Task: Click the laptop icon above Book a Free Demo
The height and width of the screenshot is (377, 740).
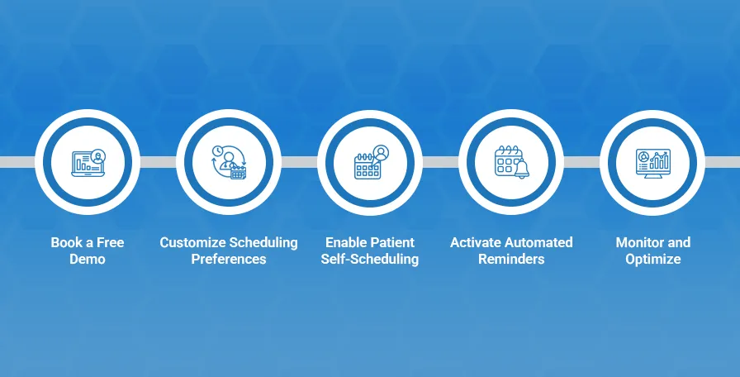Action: [88, 161]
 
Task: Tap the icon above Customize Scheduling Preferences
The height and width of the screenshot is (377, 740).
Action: [228, 161]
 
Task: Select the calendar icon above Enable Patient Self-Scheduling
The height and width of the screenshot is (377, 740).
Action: [370, 161]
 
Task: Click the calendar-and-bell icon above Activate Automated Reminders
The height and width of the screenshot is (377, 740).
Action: [510, 161]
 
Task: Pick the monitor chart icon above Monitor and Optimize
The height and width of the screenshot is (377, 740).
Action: [652, 161]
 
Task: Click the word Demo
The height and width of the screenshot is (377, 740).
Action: [88, 259]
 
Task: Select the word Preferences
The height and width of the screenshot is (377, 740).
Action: [229, 259]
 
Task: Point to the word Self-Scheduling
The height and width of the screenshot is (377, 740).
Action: [370, 259]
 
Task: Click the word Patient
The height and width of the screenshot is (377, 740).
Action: [393, 242]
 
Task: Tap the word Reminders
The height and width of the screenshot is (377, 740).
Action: [511, 259]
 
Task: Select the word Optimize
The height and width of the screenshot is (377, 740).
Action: [652, 259]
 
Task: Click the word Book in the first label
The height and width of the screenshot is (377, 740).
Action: [66, 242]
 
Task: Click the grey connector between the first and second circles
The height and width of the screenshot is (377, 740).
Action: [157, 161]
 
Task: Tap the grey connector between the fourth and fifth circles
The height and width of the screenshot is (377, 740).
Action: [581, 161]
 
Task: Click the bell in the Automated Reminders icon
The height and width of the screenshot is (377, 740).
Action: [520, 169]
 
